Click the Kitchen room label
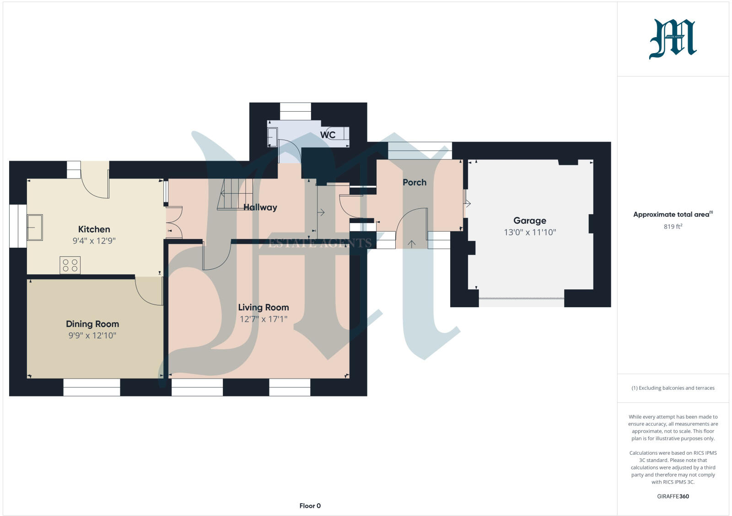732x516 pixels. (94, 229)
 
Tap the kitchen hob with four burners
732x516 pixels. (70, 265)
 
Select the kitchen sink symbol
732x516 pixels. (35, 228)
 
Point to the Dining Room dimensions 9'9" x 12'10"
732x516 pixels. (92, 336)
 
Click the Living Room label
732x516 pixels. (263, 307)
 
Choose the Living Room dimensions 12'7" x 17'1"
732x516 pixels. (263, 319)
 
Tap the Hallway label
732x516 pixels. (260, 207)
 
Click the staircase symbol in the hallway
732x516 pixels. (235, 194)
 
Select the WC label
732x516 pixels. (328, 135)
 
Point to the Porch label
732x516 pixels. (414, 182)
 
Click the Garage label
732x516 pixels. (529, 220)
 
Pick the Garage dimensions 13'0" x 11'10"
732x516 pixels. (530, 232)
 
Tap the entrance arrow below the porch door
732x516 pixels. (411, 244)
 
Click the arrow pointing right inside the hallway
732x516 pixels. (321, 212)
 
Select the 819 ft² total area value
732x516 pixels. (673, 227)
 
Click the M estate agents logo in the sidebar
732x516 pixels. (673, 39)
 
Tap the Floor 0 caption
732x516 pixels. (310, 506)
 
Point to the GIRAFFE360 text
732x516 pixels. (673, 496)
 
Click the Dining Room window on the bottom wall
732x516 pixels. (91, 387)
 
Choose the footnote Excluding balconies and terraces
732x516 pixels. (673, 388)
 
